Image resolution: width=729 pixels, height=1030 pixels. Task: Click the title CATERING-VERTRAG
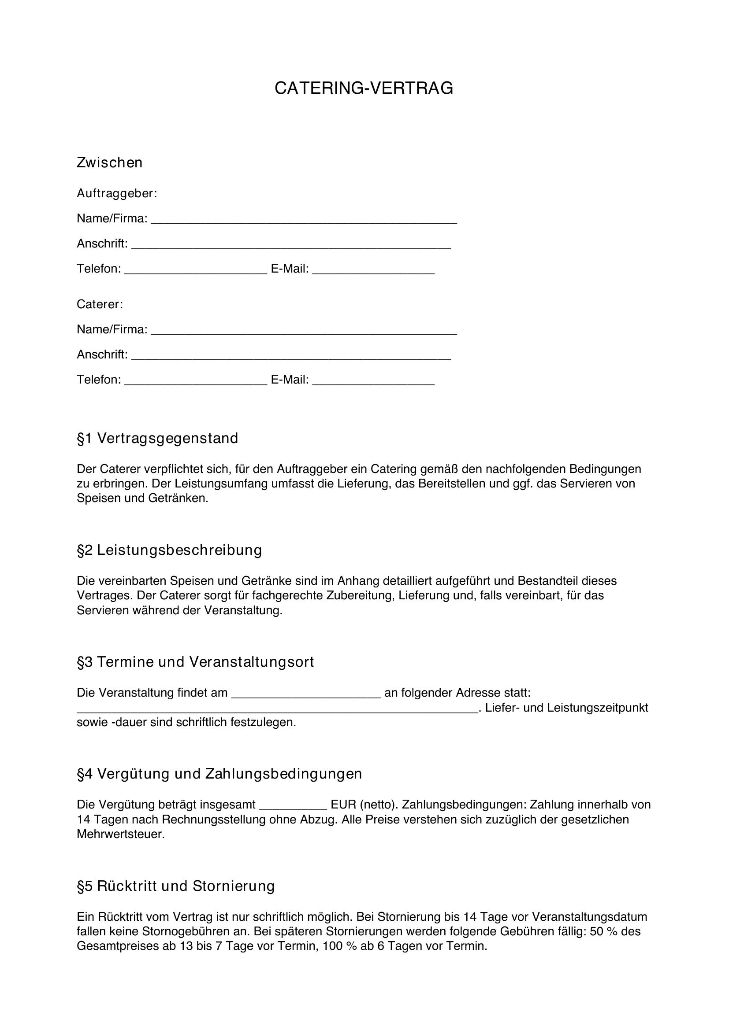(364, 89)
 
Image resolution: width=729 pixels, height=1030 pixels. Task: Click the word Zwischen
(110, 162)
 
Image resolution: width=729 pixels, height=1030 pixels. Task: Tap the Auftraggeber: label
(117, 193)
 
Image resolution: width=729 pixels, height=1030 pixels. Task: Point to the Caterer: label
(100, 304)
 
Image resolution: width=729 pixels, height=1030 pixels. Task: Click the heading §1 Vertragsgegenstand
(157, 438)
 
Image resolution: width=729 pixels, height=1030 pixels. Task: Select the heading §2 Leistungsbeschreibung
(169, 550)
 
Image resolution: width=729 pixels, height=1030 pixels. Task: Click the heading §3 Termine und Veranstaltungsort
(195, 662)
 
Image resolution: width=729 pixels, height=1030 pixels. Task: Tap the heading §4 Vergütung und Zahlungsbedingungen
(219, 774)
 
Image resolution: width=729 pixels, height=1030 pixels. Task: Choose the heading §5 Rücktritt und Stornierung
(175, 886)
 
